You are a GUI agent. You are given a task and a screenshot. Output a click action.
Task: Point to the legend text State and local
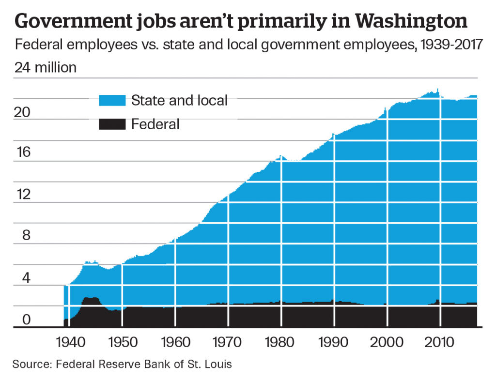179,100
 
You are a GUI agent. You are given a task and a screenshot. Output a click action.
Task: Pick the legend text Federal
155,124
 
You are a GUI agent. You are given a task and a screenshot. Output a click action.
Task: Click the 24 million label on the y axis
46,67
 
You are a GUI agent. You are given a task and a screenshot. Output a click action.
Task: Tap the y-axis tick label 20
23,112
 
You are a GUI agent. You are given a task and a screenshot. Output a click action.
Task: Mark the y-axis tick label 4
23,278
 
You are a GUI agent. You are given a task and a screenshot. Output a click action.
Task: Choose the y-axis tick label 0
23,320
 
